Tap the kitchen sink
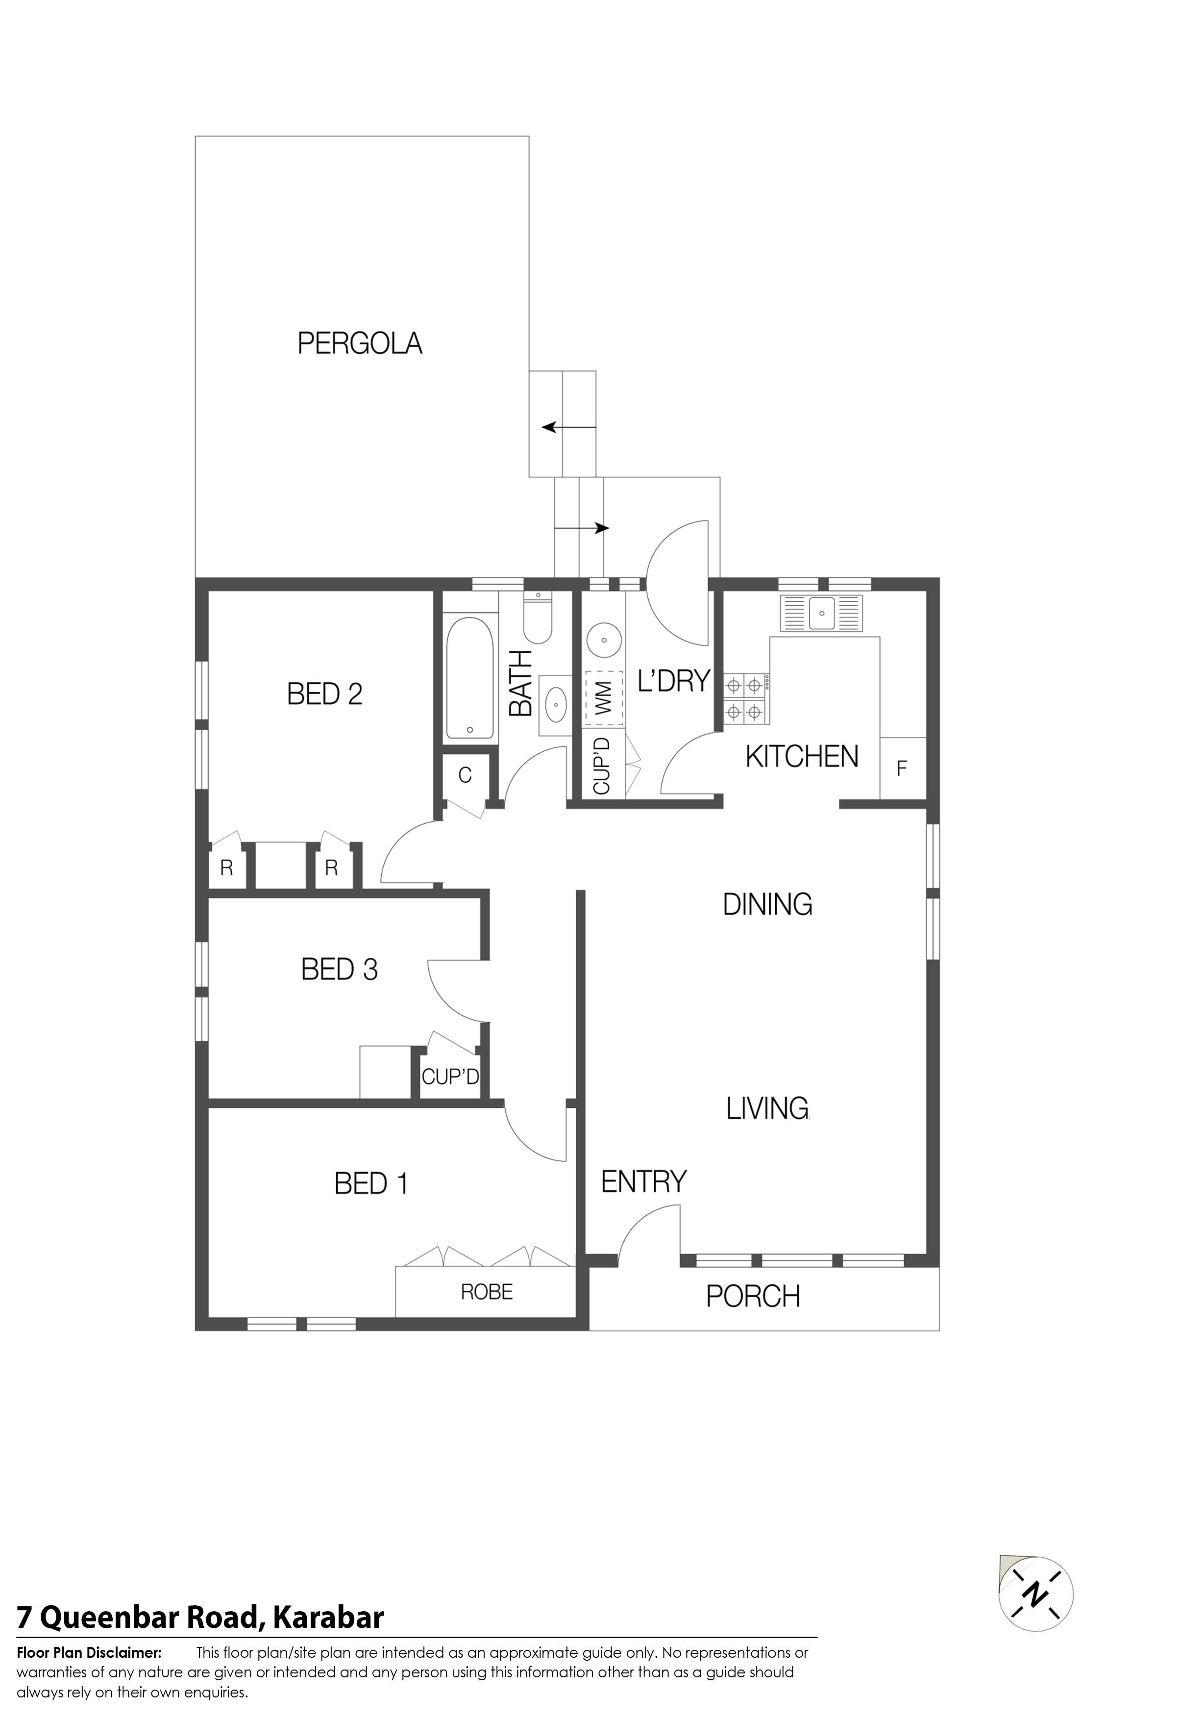(x=821, y=613)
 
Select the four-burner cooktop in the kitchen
(x=745, y=697)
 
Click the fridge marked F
(x=902, y=768)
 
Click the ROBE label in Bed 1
(x=487, y=1292)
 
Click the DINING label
(x=767, y=904)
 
